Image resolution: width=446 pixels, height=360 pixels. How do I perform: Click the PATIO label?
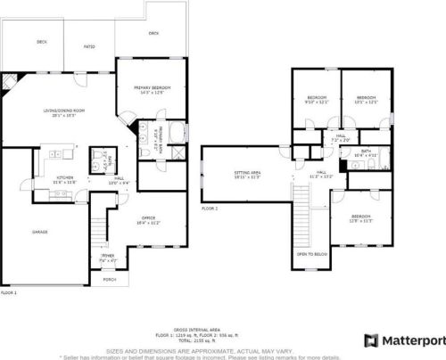click(x=89, y=46)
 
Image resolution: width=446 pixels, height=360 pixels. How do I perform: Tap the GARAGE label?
click(x=40, y=232)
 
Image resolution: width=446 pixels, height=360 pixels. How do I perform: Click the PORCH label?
click(x=111, y=279)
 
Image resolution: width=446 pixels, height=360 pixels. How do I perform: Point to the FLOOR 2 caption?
click(x=210, y=208)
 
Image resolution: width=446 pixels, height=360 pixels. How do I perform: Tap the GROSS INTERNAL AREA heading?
click(x=222, y=329)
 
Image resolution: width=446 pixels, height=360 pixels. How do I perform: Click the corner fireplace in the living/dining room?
click(x=9, y=82)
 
